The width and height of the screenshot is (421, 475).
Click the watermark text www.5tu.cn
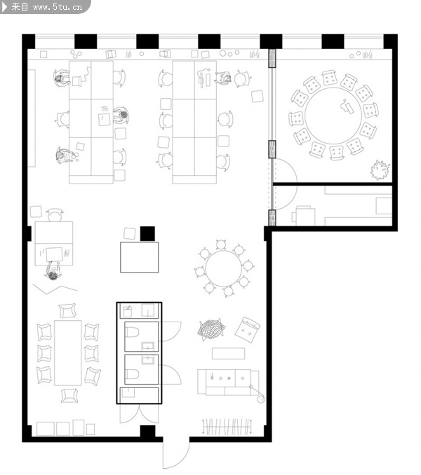58,7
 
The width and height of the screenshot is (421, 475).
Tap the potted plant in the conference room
380,170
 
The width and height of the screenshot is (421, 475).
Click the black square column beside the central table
147,234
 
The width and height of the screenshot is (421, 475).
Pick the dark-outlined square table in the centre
139,257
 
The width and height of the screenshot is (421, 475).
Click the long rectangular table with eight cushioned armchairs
67,353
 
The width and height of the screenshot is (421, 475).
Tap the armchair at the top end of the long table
67,311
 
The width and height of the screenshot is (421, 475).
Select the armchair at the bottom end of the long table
69,395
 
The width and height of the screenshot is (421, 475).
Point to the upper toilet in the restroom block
132,332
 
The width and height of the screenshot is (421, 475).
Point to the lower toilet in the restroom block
132,373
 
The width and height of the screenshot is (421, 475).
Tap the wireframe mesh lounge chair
211,329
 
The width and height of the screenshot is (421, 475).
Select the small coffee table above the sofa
229,354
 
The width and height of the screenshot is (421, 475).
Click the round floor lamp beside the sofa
260,399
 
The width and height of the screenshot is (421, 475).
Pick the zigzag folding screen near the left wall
55,289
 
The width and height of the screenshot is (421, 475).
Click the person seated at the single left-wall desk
53,271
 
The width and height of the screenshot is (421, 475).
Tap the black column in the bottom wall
148,431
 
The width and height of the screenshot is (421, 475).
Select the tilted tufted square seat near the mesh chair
248,330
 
